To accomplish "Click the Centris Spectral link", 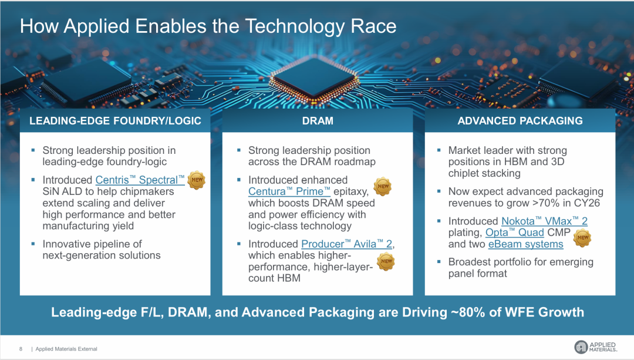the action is point(140,180).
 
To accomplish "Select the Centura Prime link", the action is point(289,191).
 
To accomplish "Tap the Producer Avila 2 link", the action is point(346,244).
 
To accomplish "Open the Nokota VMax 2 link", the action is point(544,221).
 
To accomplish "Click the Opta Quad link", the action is point(514,233).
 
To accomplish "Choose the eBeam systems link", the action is point(525,244).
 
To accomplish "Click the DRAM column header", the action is point(318,120).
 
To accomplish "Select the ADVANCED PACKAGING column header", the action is point(520,120).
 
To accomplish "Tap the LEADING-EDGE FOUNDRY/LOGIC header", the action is point(115,120).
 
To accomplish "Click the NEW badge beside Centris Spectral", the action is point(197,180).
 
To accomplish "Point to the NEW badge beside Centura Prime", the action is point(383,187).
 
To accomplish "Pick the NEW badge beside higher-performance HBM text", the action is point(386,261).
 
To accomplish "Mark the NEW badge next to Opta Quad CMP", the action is point(582,238).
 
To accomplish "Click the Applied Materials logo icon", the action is point(581,346).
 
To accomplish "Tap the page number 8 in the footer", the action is point(21,349).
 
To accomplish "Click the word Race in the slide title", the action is point(373,26).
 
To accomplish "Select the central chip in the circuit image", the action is point(314,78).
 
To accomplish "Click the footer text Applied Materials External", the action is point(66,349).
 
